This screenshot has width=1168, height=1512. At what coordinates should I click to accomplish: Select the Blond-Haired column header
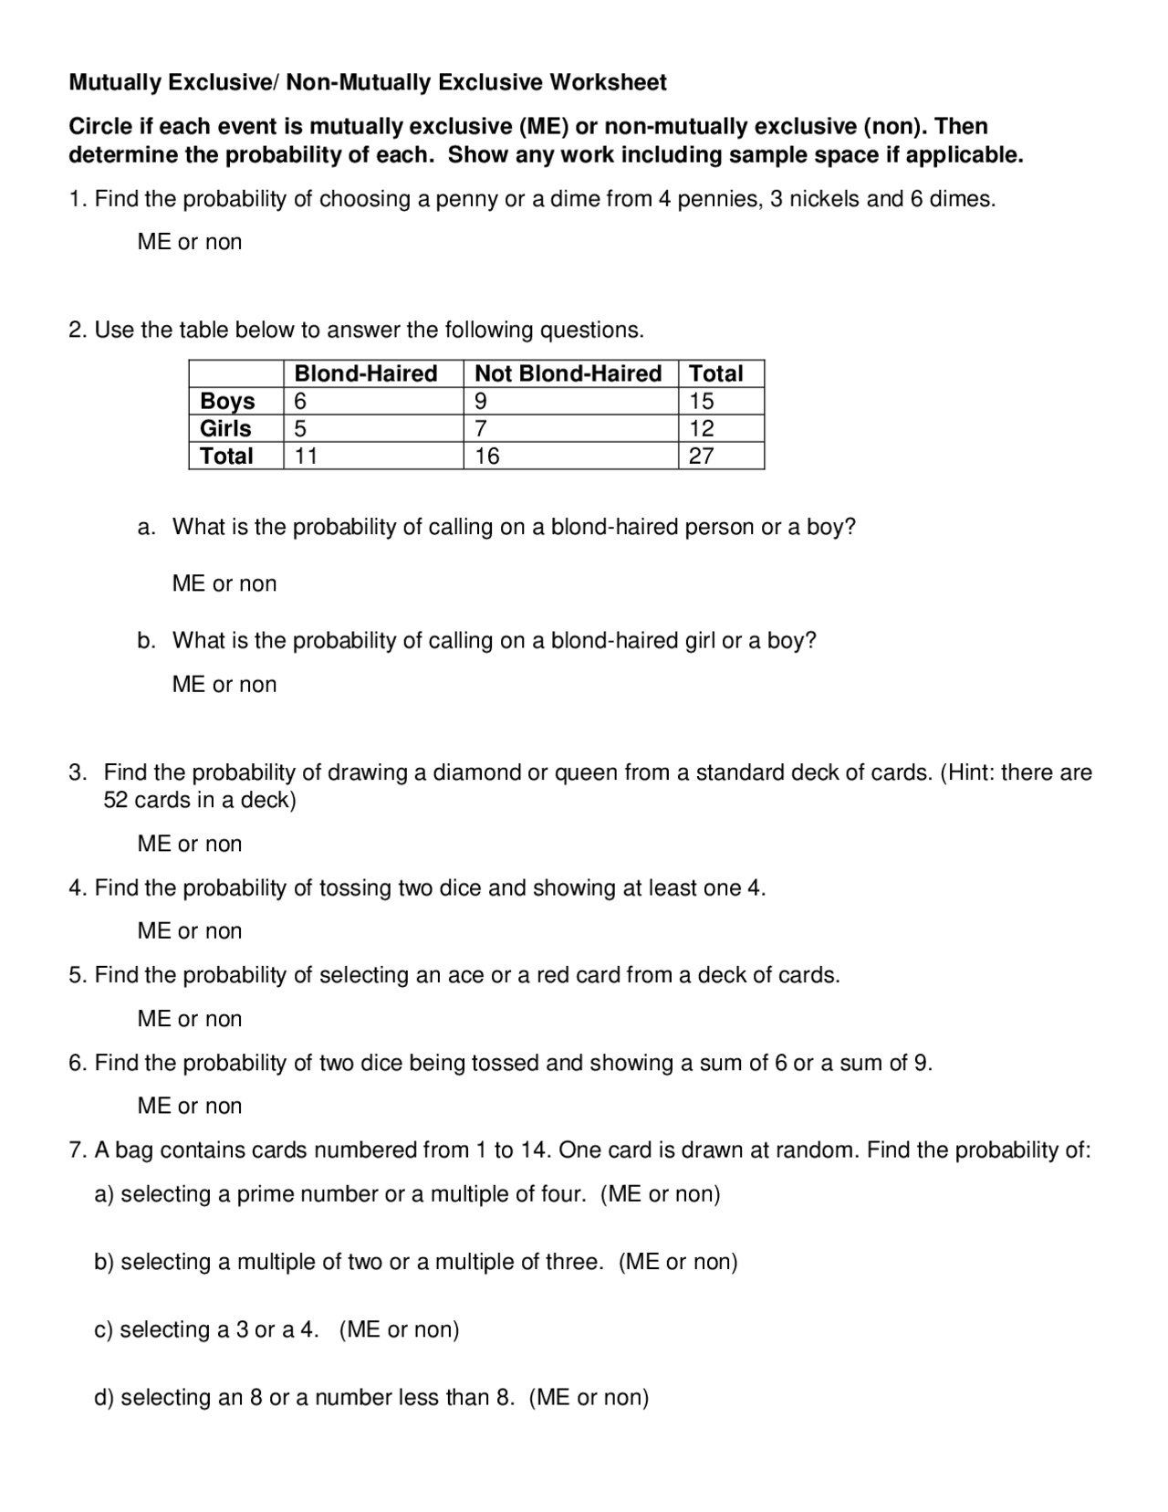tap(365, 373)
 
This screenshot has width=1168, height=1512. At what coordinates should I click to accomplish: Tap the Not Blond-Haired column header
tap(568, 373)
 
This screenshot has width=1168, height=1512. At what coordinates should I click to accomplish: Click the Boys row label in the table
tap(227, 401)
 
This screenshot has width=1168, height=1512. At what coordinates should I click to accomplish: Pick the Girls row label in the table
tap(225, 428)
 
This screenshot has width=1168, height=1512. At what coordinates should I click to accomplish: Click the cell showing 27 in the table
tap(701, 456)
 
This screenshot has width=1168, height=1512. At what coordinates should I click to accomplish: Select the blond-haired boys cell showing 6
tap(301, 401)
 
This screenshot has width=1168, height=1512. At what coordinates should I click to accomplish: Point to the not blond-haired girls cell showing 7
tap(482, 428)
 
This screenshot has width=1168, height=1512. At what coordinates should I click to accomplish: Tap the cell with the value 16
tap(487, 456)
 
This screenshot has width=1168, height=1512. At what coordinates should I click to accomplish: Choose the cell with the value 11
tap(306, 456)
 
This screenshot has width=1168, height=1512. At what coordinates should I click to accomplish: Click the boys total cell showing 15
tap(701, 401)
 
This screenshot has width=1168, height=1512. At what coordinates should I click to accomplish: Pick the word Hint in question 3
tap(969, 773)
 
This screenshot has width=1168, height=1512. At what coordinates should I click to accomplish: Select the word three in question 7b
tap(574, 1262)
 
